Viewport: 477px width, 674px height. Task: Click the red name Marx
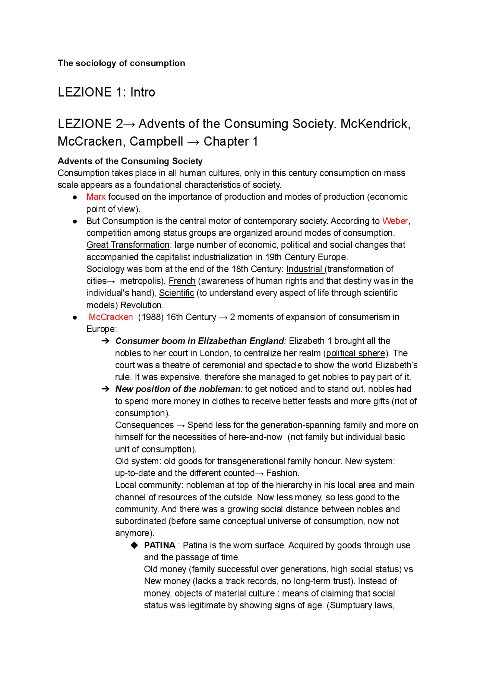pos(96,197)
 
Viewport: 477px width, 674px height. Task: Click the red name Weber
pos(395,221)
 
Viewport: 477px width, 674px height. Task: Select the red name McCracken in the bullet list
pos(111,317)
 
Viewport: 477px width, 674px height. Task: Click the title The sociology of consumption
pos(121,63)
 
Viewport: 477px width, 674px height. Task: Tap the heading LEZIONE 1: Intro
pos(106,92)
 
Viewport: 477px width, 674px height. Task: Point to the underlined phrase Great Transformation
pos(128,245)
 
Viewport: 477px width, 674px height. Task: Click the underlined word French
pos(182,281)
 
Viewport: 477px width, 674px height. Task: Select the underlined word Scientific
pos(176,293)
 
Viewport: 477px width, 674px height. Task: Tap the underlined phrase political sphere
pos(356,353)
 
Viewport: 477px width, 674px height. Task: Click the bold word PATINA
pos(159,545)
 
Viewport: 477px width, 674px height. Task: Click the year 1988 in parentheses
pos(146,317)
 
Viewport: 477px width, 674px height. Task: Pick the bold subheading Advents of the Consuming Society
pos(130,161)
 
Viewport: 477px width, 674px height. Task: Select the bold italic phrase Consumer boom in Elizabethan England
pos(200,341)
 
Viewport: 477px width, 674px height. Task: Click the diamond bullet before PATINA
pos(134,545)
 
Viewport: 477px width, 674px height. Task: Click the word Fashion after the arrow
pos(282,473)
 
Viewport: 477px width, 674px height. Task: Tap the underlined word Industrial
pos(304,269)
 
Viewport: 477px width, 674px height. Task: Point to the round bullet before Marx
pos(75,197)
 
